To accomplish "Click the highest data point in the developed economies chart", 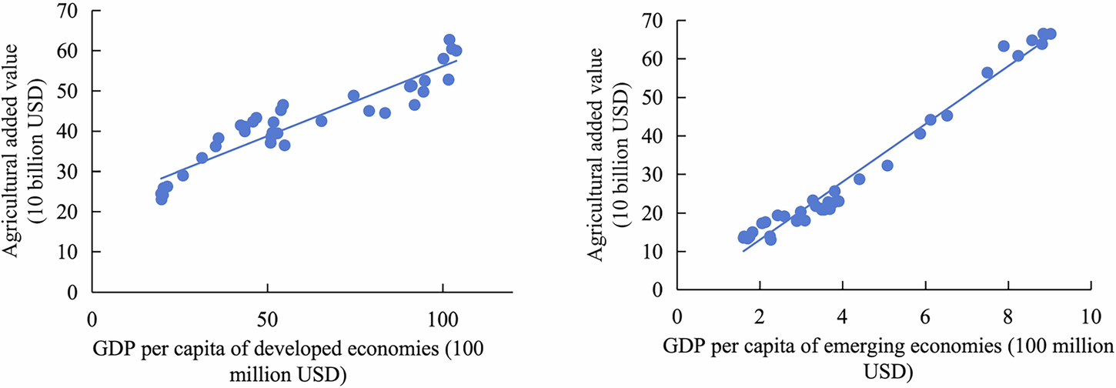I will [x=449, y=40].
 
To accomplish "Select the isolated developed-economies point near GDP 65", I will [x=321, y=121].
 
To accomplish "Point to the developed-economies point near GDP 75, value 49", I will [x=354, y=95].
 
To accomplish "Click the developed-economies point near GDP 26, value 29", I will [x=183, y=176].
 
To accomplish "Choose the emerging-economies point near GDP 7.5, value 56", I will [x=987, y=72].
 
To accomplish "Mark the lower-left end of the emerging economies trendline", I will [x=743, y=251].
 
